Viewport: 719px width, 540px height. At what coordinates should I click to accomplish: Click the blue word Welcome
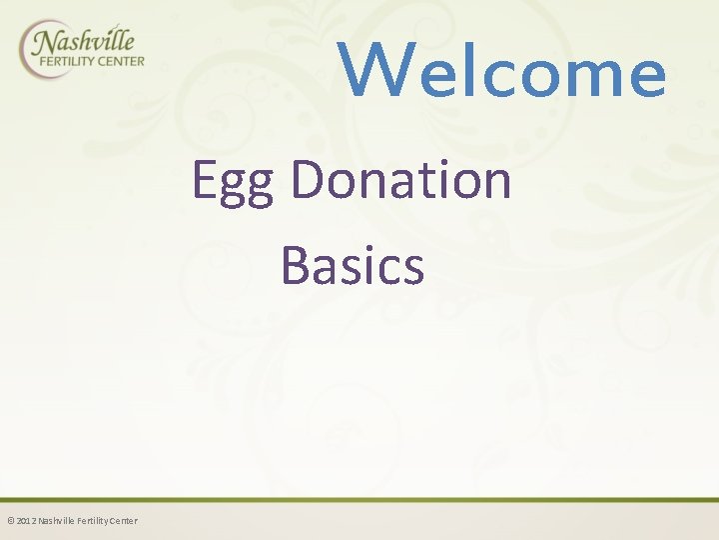click(502, 71)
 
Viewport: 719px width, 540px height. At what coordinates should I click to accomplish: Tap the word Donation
click(400, 180)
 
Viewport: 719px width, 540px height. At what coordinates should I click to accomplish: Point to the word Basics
click(353, 265)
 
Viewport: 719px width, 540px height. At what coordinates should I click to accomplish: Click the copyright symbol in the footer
click(10, 521)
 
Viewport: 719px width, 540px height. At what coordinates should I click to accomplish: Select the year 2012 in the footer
click(25, 521)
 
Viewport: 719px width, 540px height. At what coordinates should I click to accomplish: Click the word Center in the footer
click(124, 521)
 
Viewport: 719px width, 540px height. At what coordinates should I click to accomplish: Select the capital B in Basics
click(296, 265)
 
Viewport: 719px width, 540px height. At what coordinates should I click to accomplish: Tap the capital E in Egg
click(203, 180)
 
